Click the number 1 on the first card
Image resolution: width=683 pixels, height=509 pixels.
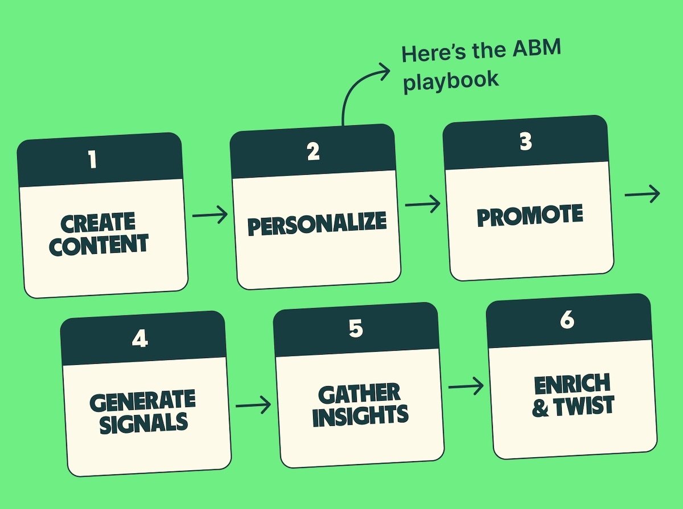(92, 160)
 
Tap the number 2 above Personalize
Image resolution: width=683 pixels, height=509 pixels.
(313, 151)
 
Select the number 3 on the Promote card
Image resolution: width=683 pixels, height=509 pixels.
(525, 141)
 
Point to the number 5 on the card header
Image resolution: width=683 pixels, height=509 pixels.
(355, 330)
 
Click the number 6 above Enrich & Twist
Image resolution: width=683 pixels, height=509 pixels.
(566, 321)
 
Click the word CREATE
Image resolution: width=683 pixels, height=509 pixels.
(97, 223)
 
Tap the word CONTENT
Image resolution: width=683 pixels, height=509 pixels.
(99, 245)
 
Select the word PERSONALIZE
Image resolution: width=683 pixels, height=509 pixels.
(316, 224)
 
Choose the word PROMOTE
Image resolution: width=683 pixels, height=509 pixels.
(529, 216)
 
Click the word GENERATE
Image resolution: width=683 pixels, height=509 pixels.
(142, 401)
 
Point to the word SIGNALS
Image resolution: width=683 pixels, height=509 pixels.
(143, 423)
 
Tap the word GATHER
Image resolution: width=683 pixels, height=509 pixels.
(359, 394)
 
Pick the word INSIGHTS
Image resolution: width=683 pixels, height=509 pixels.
(360, 416)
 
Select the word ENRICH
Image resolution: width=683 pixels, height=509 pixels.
(572, 385)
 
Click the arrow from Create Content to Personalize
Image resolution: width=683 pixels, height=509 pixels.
(209, 215)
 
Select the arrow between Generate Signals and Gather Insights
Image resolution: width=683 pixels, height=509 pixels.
(253, 405)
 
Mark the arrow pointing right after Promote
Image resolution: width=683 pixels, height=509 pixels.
(642, 194)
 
